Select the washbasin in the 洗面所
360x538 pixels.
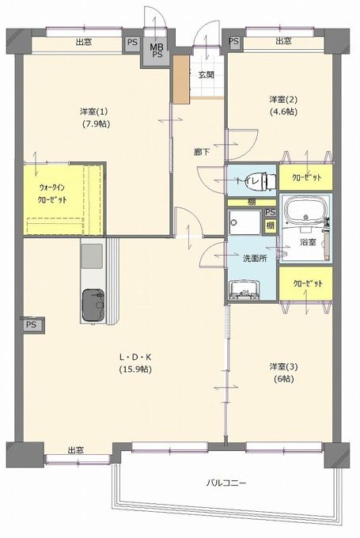[x=244, y=290]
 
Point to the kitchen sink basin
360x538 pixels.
[x=92, y=256]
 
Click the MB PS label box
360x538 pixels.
[x=157, y=51]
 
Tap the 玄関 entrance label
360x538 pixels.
[x=207, y=74]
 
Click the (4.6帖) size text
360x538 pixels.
[x=283, y=112]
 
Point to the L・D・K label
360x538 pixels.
[x=135, y=357]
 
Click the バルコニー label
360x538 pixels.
[x=225, y=483]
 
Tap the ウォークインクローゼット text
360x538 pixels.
[x=52, y=194]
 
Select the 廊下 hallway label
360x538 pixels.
[x=202, y=152]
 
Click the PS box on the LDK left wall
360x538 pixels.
[x=32, y=324]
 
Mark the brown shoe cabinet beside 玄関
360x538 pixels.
[x=181, y=79]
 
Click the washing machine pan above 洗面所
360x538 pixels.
[x=245, y=222]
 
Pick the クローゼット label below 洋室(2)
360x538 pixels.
[x=306, y=177]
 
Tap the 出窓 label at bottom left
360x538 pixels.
[x=75, y=450]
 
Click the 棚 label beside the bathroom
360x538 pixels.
[x=270, y=225]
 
